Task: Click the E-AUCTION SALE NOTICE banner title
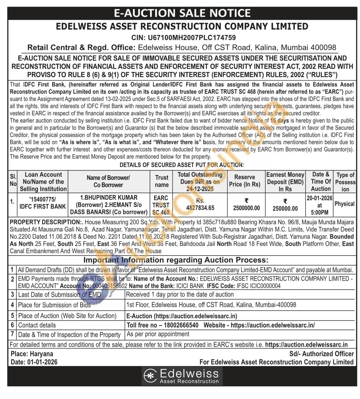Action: [x=182, y=14]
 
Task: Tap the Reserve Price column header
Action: [x=245, y=181]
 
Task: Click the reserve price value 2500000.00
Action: [x=246, y=208]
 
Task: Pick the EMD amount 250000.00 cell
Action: [x=285, y=208]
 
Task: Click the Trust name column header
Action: [x=161, y=181]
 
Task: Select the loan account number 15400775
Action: [x=42, y=199]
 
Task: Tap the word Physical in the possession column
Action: [x=344, y=204]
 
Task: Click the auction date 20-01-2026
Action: [x=320, y=198]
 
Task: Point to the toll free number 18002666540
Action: [x=179, y=325]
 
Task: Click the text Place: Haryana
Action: [x=32, y=354]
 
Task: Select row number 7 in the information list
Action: [x=12, y=334]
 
